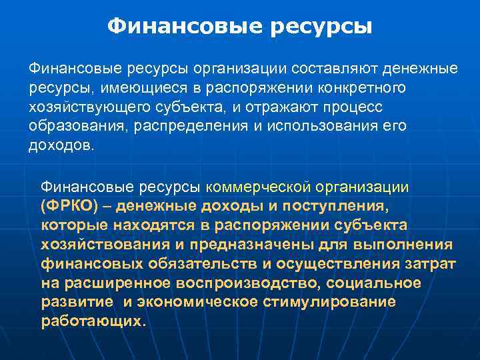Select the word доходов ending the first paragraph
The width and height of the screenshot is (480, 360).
pos(62,146)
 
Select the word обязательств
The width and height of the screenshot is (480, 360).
pos(191,263)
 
